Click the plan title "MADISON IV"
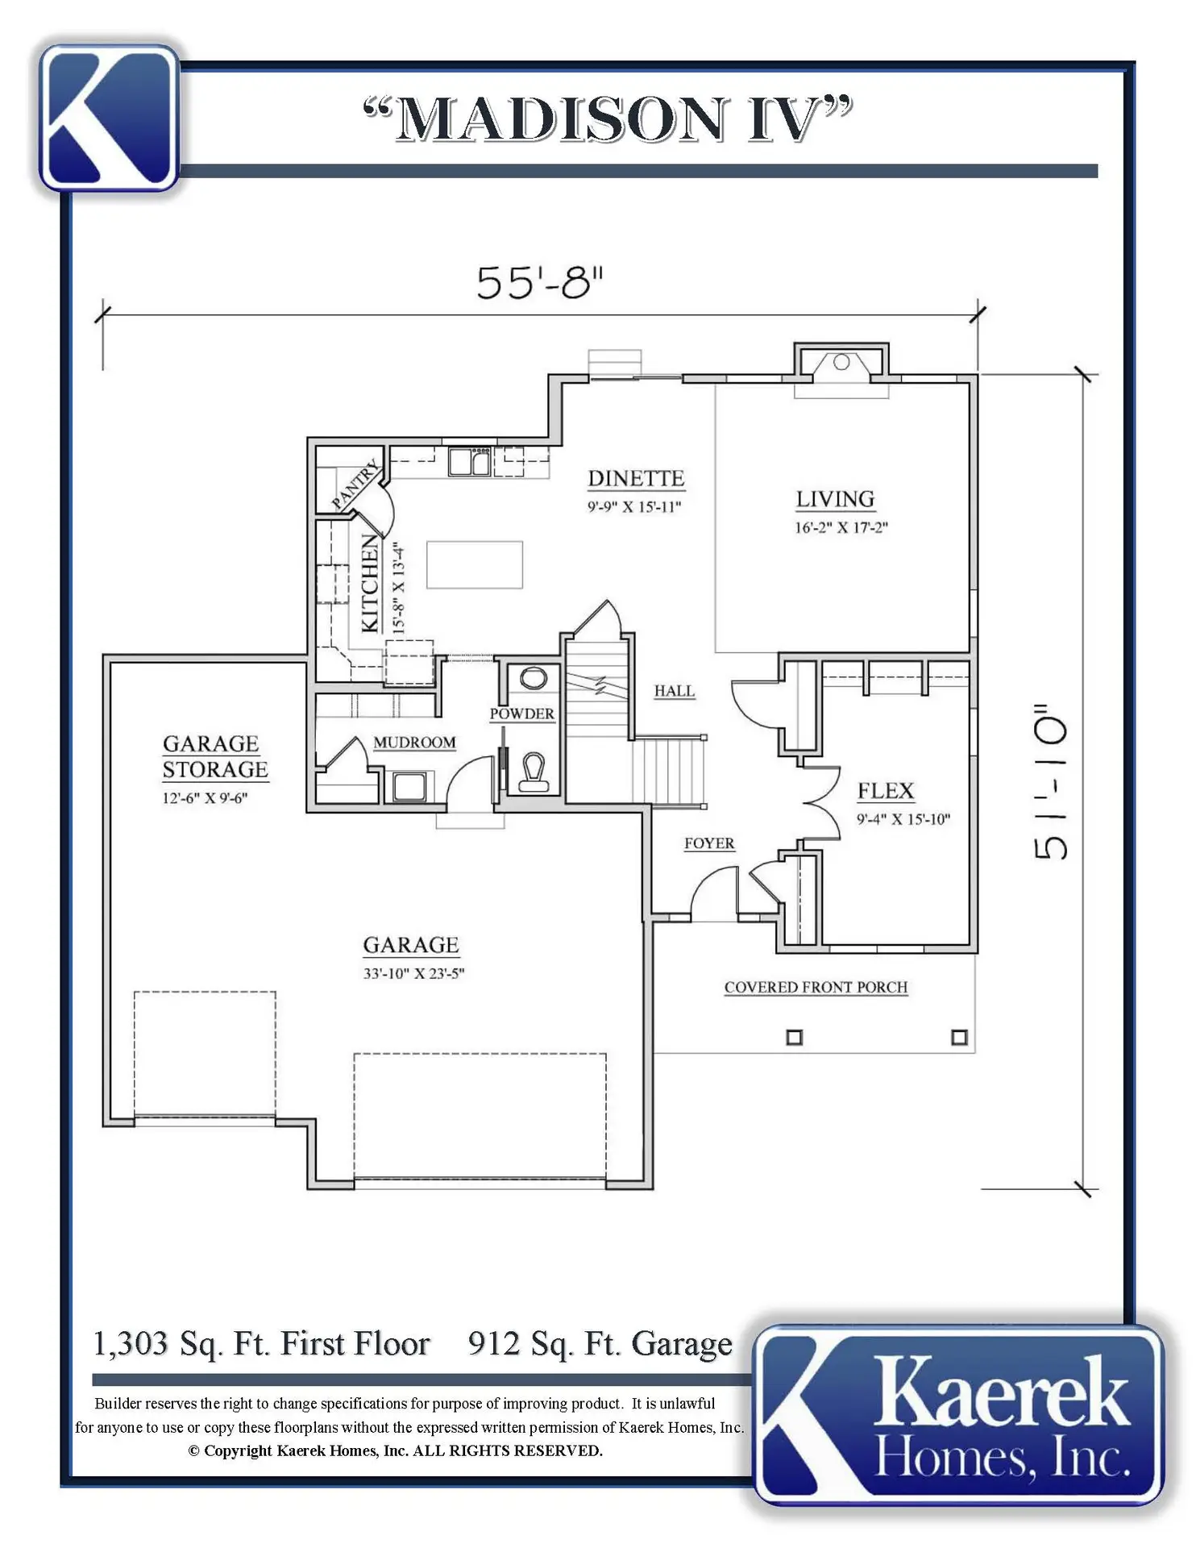tap(607, 119)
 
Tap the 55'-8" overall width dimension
tap(539, 283)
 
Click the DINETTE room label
tap(636, 479)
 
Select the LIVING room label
tap(835, 500)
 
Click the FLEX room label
tap(886, 791)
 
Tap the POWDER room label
tap(521, 714)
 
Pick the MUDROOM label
tap(414, 743)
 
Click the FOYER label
tap(709, 844)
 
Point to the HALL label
tap(674, 691)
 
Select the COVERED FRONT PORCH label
tap(816, 988)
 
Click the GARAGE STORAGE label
tap(214, 756)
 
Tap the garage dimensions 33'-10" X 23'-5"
tap(413, 973)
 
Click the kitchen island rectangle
tap(475, 565)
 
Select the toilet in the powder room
tap(534, 772)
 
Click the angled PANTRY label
tap(355, 485)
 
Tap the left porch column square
tap(794, 1037)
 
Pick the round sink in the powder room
tap(533, 678)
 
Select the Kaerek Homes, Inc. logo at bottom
tap(959, 1416)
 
